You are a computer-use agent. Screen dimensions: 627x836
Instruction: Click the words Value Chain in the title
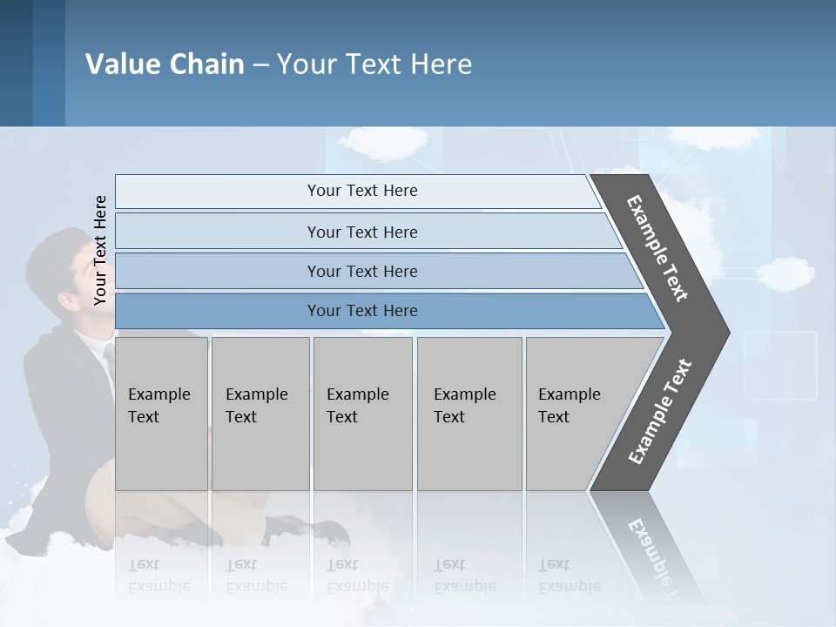point(165,64)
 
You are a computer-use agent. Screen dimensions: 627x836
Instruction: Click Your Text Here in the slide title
point(374,64)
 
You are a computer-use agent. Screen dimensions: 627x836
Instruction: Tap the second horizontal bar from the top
point(362,232)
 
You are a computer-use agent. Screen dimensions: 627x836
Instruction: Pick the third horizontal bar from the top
point(362,271)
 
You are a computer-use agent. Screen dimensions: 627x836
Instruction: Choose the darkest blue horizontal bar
point(362,311)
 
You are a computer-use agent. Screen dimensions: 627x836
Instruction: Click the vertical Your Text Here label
point(100,251)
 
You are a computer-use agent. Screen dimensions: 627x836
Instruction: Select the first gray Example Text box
point(161,414)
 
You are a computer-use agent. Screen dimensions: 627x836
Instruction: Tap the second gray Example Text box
point(260,414)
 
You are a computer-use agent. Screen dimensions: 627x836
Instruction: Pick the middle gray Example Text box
point(362,414)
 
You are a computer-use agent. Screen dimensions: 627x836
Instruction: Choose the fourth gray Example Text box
point(469,414)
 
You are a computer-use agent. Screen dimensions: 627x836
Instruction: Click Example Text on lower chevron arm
point(660,412)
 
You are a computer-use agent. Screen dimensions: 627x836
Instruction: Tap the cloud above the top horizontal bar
point(383,142)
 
